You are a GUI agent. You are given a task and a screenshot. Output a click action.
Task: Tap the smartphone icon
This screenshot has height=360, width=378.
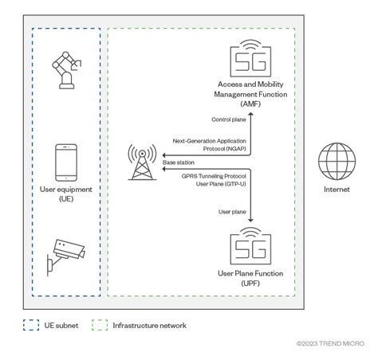(67, 162)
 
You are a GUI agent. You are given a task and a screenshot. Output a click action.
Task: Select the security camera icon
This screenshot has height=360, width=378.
(67, 254)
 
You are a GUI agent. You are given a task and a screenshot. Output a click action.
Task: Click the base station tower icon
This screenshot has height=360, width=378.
(144, 164)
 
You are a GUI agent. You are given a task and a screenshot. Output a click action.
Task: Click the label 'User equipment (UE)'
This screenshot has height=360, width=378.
(67, 195)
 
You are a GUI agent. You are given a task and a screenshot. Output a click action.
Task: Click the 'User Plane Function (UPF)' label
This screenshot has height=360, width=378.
(252, 278)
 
